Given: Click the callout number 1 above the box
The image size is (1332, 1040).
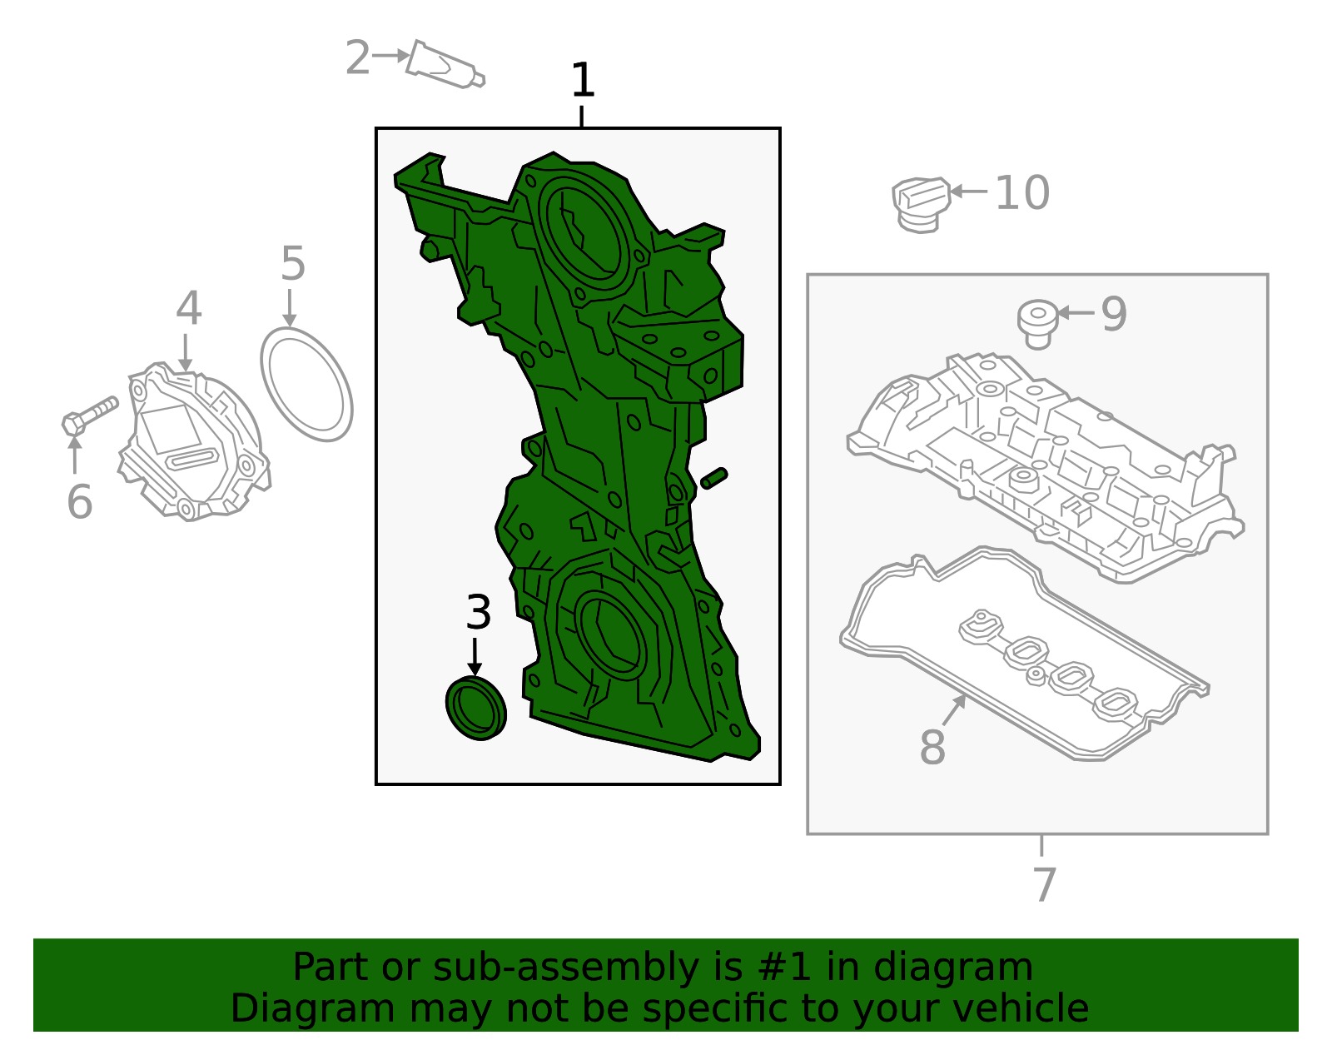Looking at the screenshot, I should (583, 81).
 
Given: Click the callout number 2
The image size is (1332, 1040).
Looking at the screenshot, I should (357, 57).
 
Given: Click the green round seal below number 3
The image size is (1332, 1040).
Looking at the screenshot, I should (476, 708).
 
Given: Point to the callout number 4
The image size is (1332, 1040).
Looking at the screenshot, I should (188, 308).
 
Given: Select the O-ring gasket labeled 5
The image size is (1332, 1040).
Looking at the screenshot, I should (306, 384).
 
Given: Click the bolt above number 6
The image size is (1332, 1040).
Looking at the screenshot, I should (90, 414).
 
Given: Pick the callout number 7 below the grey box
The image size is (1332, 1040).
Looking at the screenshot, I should (1044, 883).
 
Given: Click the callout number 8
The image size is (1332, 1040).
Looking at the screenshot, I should (932, 746).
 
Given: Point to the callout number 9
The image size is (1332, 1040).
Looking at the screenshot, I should (1114, 314).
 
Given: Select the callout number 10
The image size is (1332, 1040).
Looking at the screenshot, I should (1021, 193).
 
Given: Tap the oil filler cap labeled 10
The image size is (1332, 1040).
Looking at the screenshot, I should (921, 203).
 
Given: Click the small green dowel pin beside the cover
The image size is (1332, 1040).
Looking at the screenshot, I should (714, 478).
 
